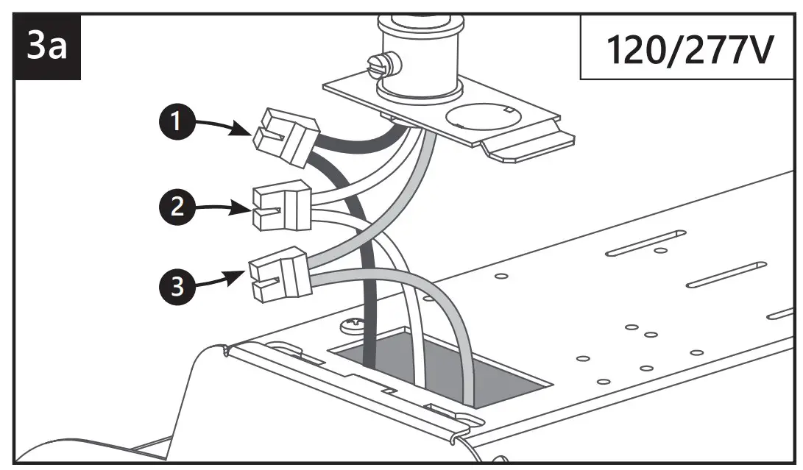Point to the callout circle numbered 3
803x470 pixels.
pos(174,286)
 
